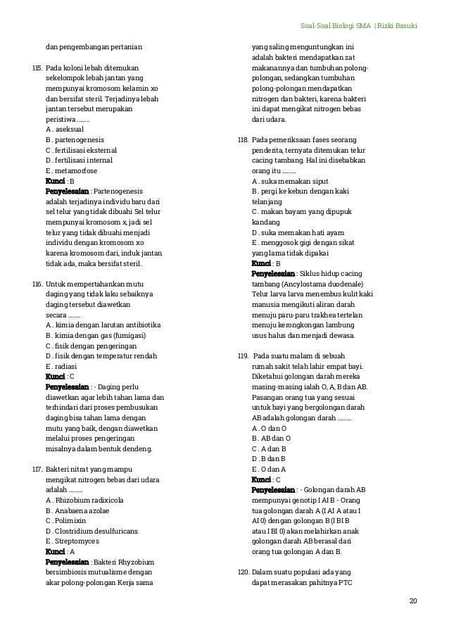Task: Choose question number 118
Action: [x=244, y=140]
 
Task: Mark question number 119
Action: [x=244, y=356]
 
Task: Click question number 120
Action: [x=244, y=572]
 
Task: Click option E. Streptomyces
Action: [x=72, y=541]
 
